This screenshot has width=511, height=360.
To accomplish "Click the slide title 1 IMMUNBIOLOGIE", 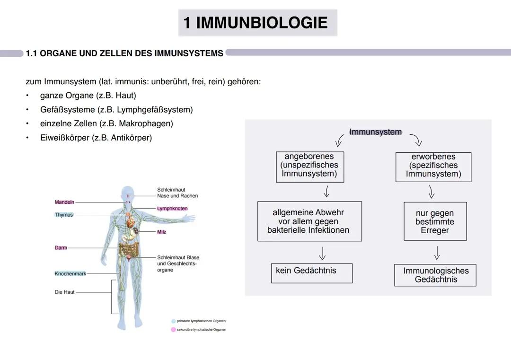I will tap(255, 23).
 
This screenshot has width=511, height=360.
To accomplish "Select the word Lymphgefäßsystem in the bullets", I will tap(162, 110).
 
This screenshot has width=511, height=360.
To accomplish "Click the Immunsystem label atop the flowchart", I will tap(375, 132).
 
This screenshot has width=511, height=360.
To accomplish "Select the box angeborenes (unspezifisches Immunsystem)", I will tap(310, 167).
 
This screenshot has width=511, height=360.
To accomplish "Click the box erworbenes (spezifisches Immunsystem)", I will tap(433, 167).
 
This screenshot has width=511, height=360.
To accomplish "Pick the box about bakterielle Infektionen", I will tap(309, 221).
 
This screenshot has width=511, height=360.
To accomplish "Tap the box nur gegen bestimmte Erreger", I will tap(435, 221).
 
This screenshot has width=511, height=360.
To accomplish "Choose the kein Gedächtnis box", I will tap(311, 273).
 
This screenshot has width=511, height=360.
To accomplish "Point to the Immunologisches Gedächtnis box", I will tap(435, 275).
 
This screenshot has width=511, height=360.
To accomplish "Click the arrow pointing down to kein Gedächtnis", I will tap(322, 253).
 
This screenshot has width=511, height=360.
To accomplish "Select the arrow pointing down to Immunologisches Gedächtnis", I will tap(437, 253).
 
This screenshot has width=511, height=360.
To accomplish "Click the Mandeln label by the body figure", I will tap(64, 202).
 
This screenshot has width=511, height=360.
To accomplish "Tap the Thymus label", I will tap(64, 215).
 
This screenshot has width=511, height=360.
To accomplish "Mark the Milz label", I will tap(162, 232).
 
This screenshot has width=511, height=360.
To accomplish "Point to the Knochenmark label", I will tap(70, 273).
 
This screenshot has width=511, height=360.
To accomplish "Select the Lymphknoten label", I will tap(172, 209).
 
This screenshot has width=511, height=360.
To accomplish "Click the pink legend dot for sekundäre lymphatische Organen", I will tap(174, 330).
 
